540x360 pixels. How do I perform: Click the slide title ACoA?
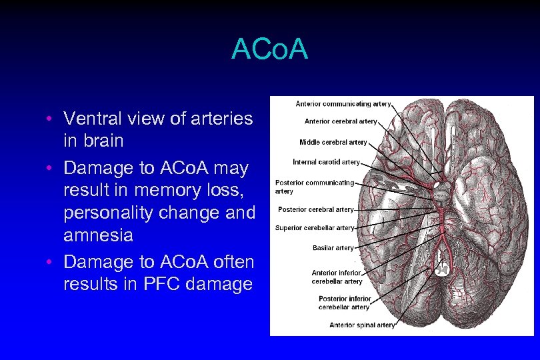coord(269,49)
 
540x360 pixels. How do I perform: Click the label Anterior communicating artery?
coord(343,103)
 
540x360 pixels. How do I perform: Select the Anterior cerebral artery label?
coord(341,121)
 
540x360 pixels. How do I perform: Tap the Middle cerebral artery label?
coord(333,142)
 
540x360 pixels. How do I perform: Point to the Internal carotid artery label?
coord(327,162)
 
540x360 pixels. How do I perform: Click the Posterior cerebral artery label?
coord(316,209)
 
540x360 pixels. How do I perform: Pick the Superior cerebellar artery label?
coord(315,228)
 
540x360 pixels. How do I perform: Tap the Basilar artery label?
coord(333,248)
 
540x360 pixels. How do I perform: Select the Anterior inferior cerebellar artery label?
coord(337,277)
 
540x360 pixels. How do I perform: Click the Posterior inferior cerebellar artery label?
coord(343,303)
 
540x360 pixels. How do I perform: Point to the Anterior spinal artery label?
coord(362,325)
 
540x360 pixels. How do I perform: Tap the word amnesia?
coord(99,235)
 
